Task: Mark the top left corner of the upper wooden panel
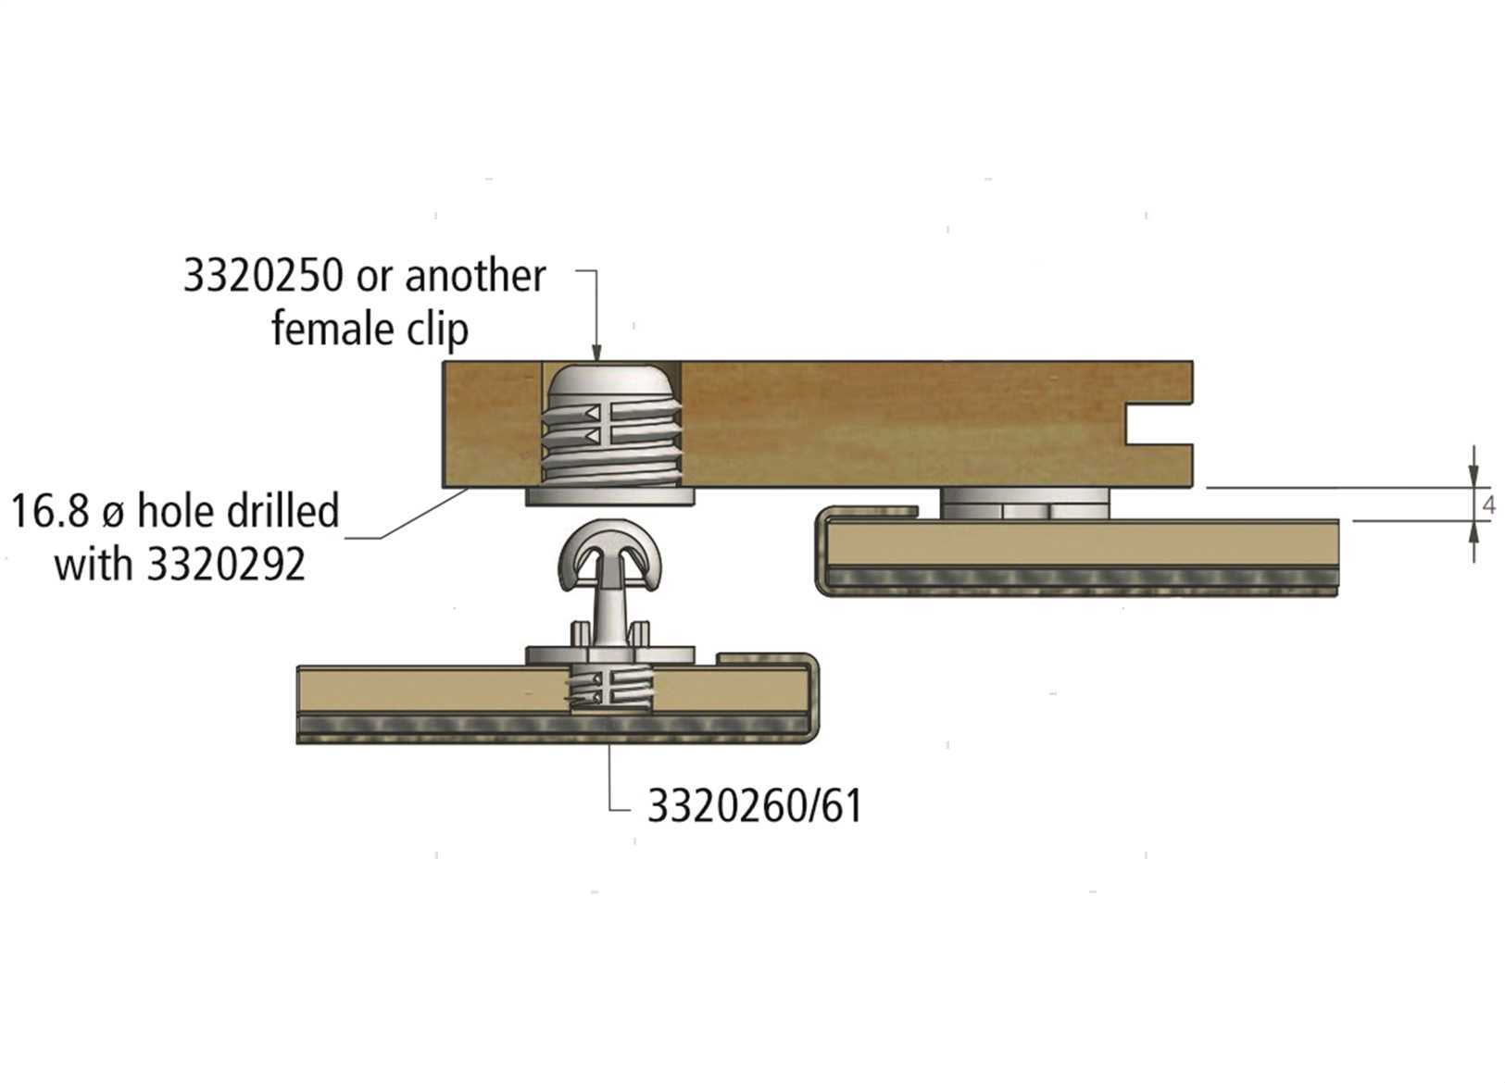point(443,362)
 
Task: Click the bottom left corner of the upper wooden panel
point(443,488)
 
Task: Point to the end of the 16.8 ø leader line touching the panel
point(469,489)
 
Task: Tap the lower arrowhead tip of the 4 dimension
point(1474,522)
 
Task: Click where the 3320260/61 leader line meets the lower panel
point(609,744)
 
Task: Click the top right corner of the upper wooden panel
point(1193,362)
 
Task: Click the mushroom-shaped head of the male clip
point(610,547)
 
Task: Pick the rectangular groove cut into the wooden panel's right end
point(1160,424)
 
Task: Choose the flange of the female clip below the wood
point(609,497)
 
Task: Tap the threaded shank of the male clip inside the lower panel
point(610,689)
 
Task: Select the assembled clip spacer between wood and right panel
point(1024,504)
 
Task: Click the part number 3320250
point(263,275)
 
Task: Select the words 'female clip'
point(370,329)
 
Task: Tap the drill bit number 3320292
point(226,565)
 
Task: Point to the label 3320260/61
point(754,806)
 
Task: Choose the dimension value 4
point(1489,504)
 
